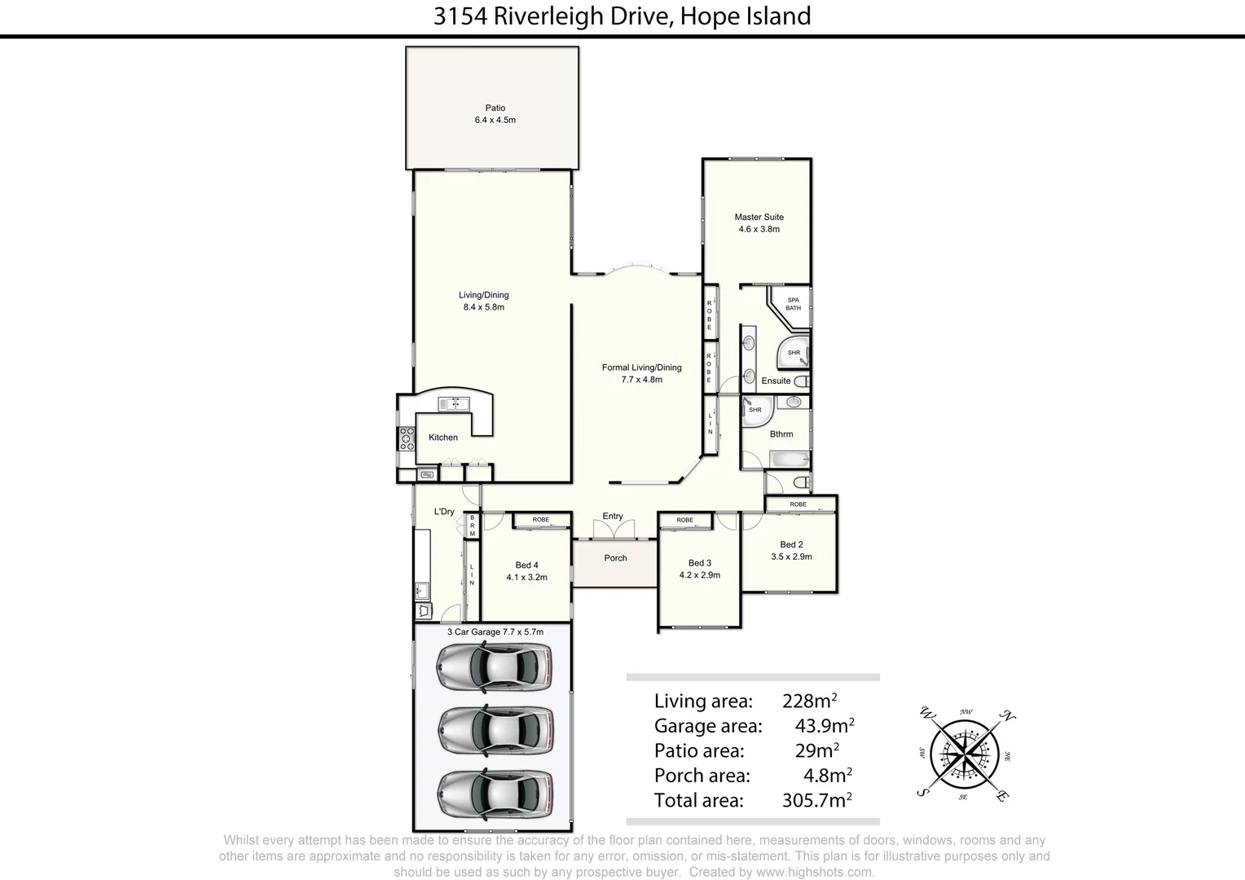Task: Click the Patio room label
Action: [495, 108]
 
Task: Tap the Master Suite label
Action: [759, 217]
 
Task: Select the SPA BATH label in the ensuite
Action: [793, 304]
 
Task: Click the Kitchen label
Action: [443, 438]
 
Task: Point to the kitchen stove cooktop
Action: [406, 439]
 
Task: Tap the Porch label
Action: [615, 558]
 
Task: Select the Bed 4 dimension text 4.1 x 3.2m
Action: [526, 577]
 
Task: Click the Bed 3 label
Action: [699, 563]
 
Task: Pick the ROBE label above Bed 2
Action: [798, 504]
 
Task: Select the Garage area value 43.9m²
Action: [824, 726]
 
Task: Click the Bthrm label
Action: [781, 434]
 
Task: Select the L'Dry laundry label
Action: [444, 512]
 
